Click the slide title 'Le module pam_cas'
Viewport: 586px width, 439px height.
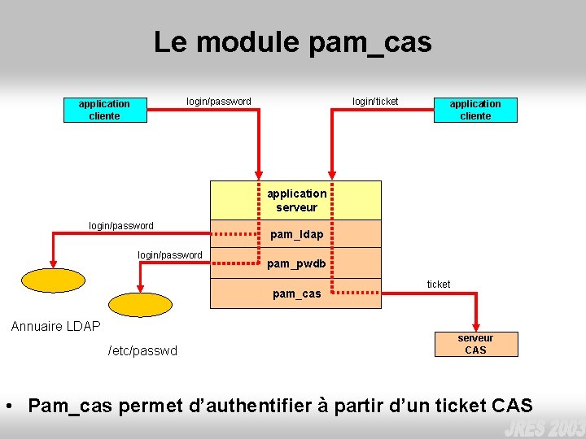[292, 42]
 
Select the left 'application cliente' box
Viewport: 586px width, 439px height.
[104, 110]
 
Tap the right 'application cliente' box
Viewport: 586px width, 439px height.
[475, 110]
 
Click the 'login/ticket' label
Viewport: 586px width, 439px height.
[375, 102]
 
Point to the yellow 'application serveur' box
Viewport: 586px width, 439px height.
[295, 200]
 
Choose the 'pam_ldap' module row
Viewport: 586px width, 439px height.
[295, 234]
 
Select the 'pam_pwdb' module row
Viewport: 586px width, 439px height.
[295, 263]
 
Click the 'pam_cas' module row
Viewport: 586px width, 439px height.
[295, 293]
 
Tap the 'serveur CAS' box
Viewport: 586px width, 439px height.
[475, 344]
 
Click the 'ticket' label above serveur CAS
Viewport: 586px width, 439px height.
[439, 284]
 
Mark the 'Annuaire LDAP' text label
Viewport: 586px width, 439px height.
[55, 326]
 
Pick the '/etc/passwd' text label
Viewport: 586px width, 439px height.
[142, 350]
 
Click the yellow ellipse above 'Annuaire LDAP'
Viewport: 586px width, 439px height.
[53, 280]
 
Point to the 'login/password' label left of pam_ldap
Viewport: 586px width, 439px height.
[120, 226]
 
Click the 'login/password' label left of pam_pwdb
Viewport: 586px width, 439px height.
[169, 255]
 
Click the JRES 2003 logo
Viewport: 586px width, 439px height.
[543, 428]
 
